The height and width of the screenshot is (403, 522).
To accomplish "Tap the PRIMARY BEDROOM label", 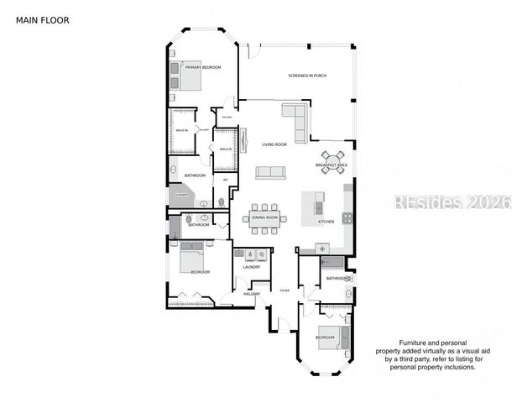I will click(203, 67).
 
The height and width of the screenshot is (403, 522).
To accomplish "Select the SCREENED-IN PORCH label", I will click(307, 76).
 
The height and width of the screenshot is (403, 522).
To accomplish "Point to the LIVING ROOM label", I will click(274, 144).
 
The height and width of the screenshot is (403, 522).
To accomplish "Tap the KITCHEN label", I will click(326, 222).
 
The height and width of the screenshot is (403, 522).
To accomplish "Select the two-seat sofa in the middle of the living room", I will click(270, 172).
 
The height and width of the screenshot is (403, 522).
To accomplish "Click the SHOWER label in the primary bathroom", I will click(181, 195).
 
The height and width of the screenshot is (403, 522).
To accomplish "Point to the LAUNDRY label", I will click(252, 267).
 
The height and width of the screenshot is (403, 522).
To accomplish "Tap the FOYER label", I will click(284, 290).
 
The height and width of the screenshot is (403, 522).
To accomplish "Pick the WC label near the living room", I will click(225, 179).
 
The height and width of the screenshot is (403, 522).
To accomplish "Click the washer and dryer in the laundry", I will click(254, 254).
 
